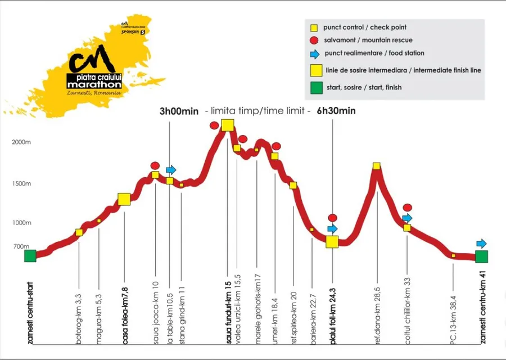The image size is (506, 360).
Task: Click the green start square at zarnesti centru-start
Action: click(x=30, y=256)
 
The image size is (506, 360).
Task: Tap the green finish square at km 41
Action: click(x=481, y=256)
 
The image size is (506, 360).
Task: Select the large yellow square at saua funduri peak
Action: click(x=228, y=125)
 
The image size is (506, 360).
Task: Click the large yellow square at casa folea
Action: click(x=124, y=199)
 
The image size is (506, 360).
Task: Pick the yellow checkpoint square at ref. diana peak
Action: click(x=377, y=166)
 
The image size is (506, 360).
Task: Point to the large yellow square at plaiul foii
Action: click(x=332, y=242)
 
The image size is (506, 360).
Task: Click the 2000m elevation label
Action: click(x=21, y=142)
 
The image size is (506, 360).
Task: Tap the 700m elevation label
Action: click(x=21, y=246)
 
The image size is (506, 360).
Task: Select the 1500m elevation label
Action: click(x=21, y=184)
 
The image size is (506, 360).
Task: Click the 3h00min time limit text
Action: click(x=179, y=111)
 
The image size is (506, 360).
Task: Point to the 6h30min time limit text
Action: click(x=336, y=111)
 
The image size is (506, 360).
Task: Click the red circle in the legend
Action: click(x=314, y=40)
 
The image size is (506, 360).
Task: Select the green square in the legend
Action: click(x=315, y=87)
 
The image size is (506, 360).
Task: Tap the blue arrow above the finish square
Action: click(x=481, y=244)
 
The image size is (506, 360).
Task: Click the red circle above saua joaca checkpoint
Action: click(x=155, y=165)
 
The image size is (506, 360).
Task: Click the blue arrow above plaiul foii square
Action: click(x=332, y=228)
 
